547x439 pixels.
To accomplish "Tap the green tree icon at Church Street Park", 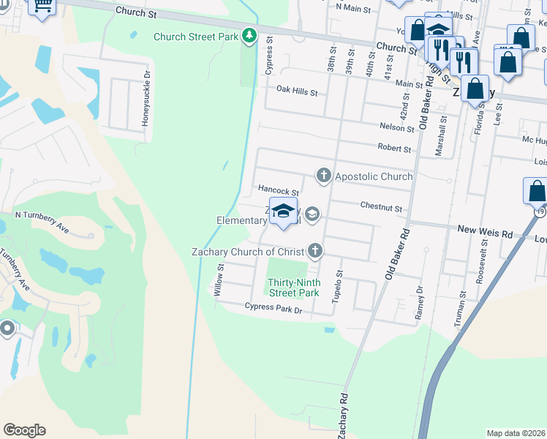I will [249, 35].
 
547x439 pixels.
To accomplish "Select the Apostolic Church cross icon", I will [323, 176].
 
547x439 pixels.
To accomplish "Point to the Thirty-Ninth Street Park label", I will [293, 288].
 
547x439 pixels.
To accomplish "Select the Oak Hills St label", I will [297, 92].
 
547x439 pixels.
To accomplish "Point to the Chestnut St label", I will [381, 209].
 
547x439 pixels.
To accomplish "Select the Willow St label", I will [218, 281].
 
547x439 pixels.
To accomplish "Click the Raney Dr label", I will [419, 296].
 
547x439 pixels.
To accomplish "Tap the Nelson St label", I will [397, 127].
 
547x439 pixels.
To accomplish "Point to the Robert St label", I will [394, 149].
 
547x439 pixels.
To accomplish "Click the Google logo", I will [24, 430].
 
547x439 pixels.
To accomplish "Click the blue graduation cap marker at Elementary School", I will [283, 211].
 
